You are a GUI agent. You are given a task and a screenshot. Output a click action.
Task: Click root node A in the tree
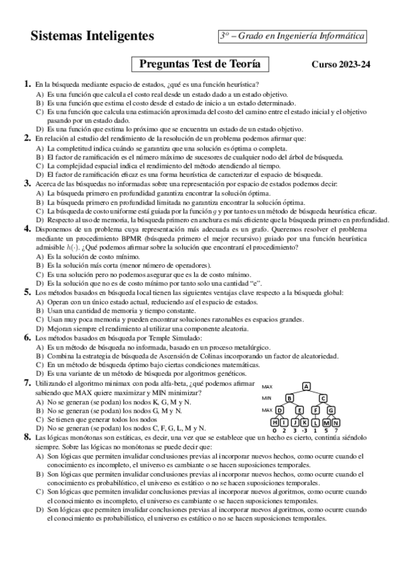point(306,386)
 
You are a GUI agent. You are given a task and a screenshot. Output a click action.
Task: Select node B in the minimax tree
point(289,398)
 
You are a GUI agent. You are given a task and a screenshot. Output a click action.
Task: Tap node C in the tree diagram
point(323,398)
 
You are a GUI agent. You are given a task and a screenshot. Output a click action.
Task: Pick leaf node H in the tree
point(275,422)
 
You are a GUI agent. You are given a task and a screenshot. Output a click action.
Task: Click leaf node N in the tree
point(336,422)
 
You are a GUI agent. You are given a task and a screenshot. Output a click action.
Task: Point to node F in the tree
point(316,410)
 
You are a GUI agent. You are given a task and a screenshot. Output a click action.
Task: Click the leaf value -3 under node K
point(304,431)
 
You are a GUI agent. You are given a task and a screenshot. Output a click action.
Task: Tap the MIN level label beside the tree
point(267,398)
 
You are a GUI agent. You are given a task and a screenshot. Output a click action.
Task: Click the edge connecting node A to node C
point(315,392)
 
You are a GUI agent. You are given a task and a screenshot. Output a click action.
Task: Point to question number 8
point(27,437)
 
